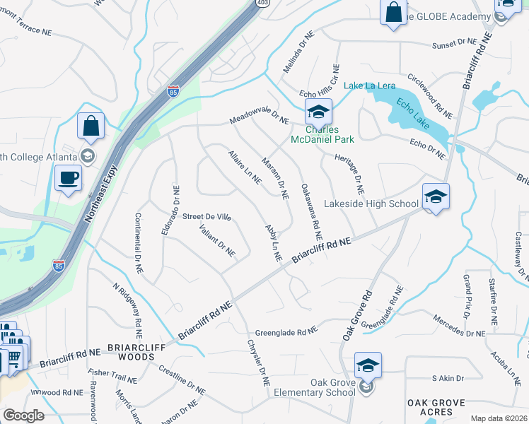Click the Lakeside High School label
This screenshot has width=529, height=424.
pyautogui.click(x=371, y=204)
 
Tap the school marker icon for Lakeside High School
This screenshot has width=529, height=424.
pyautogui.click(x=436, y=197)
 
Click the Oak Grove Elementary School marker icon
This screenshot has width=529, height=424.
pyautogui.click(x=368, y=365)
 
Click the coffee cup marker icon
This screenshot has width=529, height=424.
pyautogui.click(x=68, y=178)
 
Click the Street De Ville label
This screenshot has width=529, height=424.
pyautogui.click(x=207, y=217)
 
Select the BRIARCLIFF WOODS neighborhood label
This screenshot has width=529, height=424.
pyautogui.click(x=131, y=353)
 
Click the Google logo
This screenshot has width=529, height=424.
pyautogui.click(x=23, y=416)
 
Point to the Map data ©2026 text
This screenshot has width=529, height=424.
pyautogui.click(x=499, y=418)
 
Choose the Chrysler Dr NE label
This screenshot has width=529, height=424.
pyautogui.click(x=258, y=362)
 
